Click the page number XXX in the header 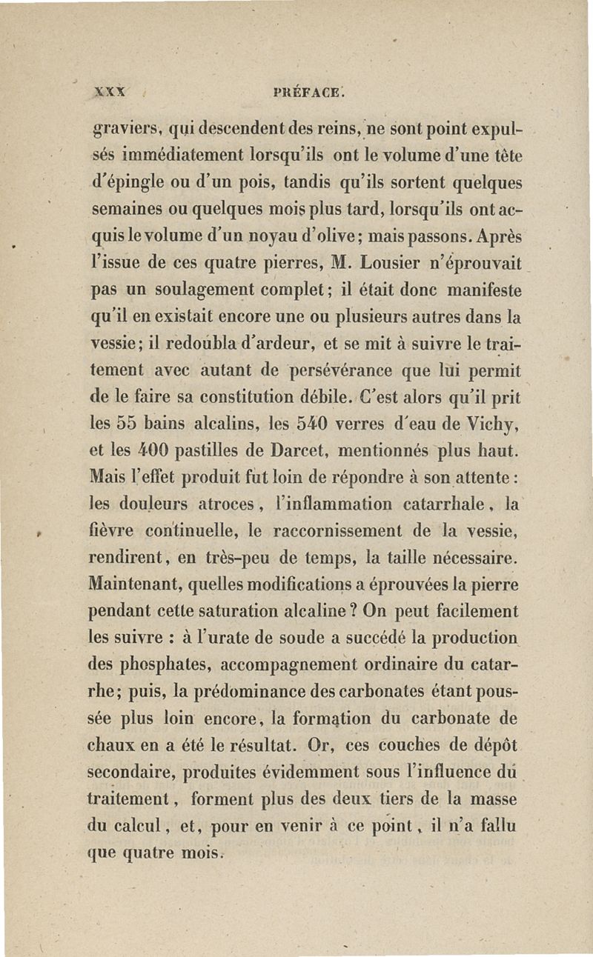108,93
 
